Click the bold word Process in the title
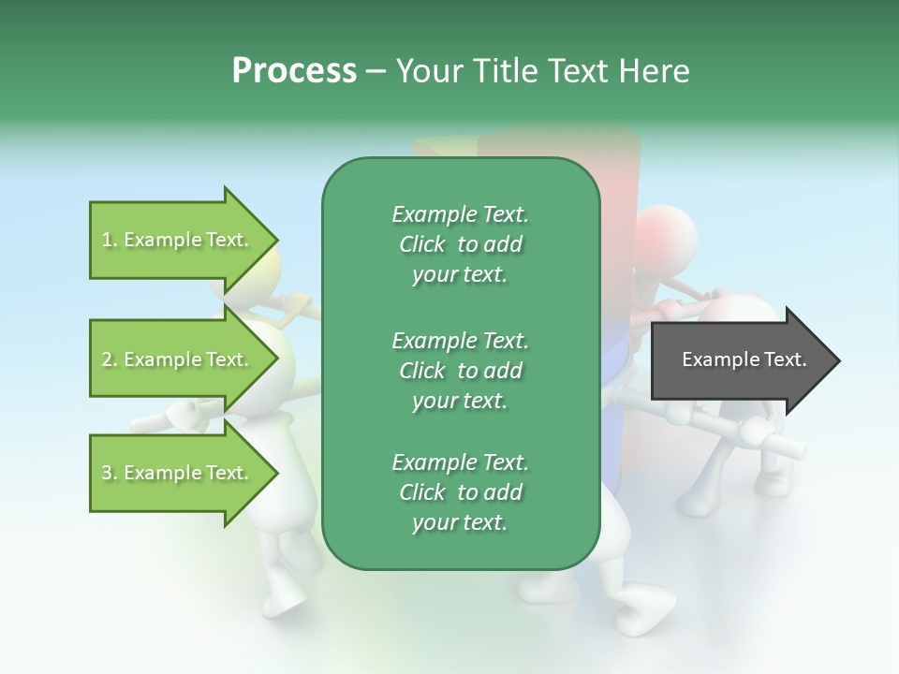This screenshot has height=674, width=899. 294,71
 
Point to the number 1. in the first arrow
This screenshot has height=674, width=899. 110,240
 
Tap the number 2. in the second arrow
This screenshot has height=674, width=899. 110,359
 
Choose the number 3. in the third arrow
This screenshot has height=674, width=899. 110,473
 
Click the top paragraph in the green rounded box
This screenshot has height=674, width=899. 460,244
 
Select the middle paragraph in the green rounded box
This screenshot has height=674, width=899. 460,370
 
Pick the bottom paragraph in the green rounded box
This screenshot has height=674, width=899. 460,492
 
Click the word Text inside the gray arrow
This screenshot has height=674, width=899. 784,359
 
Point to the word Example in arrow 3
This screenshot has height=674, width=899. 162,473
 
